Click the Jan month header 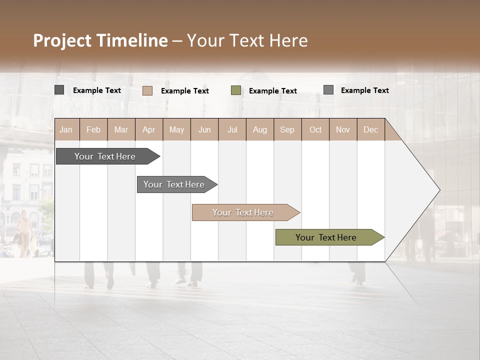(66, 129)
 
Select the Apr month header (149, 129)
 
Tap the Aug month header (260, 129)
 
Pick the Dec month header (371, 129)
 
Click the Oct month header (315, 129)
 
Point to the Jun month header (204, 129)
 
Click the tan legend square (147, 90)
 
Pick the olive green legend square (236, 90)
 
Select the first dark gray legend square (59, 90)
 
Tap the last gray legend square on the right (328, 90)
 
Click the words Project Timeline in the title (100, 40)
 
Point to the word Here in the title (288, 40)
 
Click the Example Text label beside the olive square (273, 91)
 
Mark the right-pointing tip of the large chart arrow (439, 190)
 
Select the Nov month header (343, 129)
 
